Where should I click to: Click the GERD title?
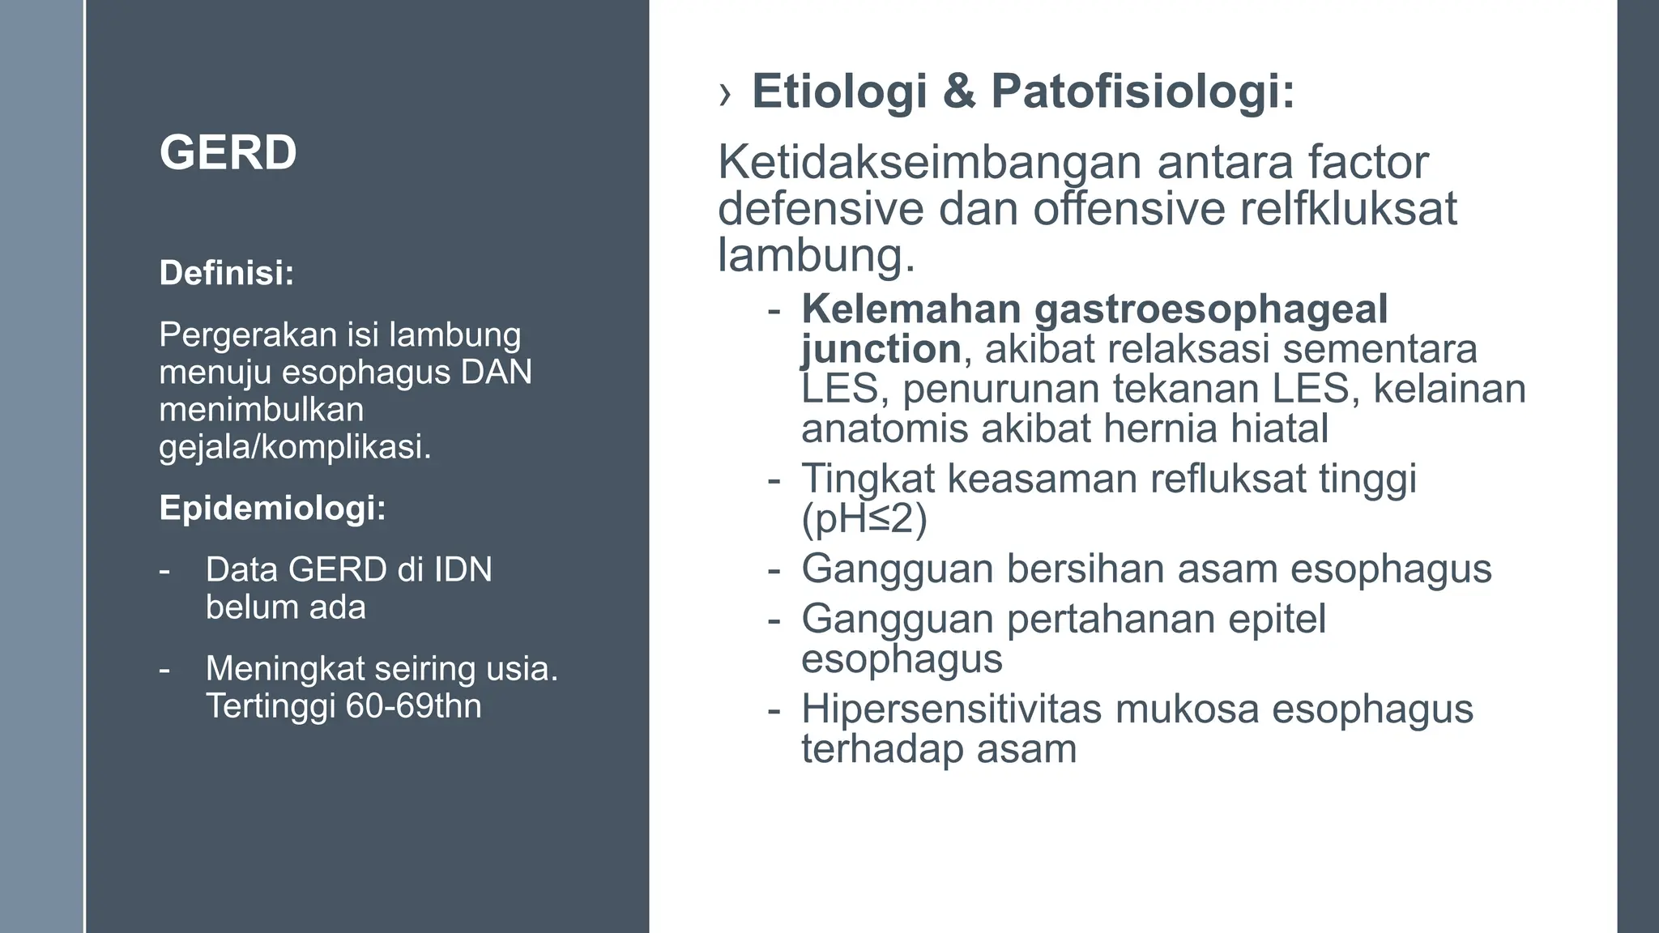click(228, 152)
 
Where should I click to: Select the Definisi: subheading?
click(227, 273)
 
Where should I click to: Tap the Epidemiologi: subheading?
click(272, 508)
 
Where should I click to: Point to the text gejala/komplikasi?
click(295, 446)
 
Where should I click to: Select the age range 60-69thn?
click(413, 705)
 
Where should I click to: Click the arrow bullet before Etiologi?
click(724, 95)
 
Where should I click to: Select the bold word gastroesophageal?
click(1210, 309)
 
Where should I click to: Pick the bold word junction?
click(881, 349)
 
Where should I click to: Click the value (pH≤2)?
click(864, 519)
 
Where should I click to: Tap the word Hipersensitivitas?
click(952, 709)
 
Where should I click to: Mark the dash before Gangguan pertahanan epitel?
click(774, 620)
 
